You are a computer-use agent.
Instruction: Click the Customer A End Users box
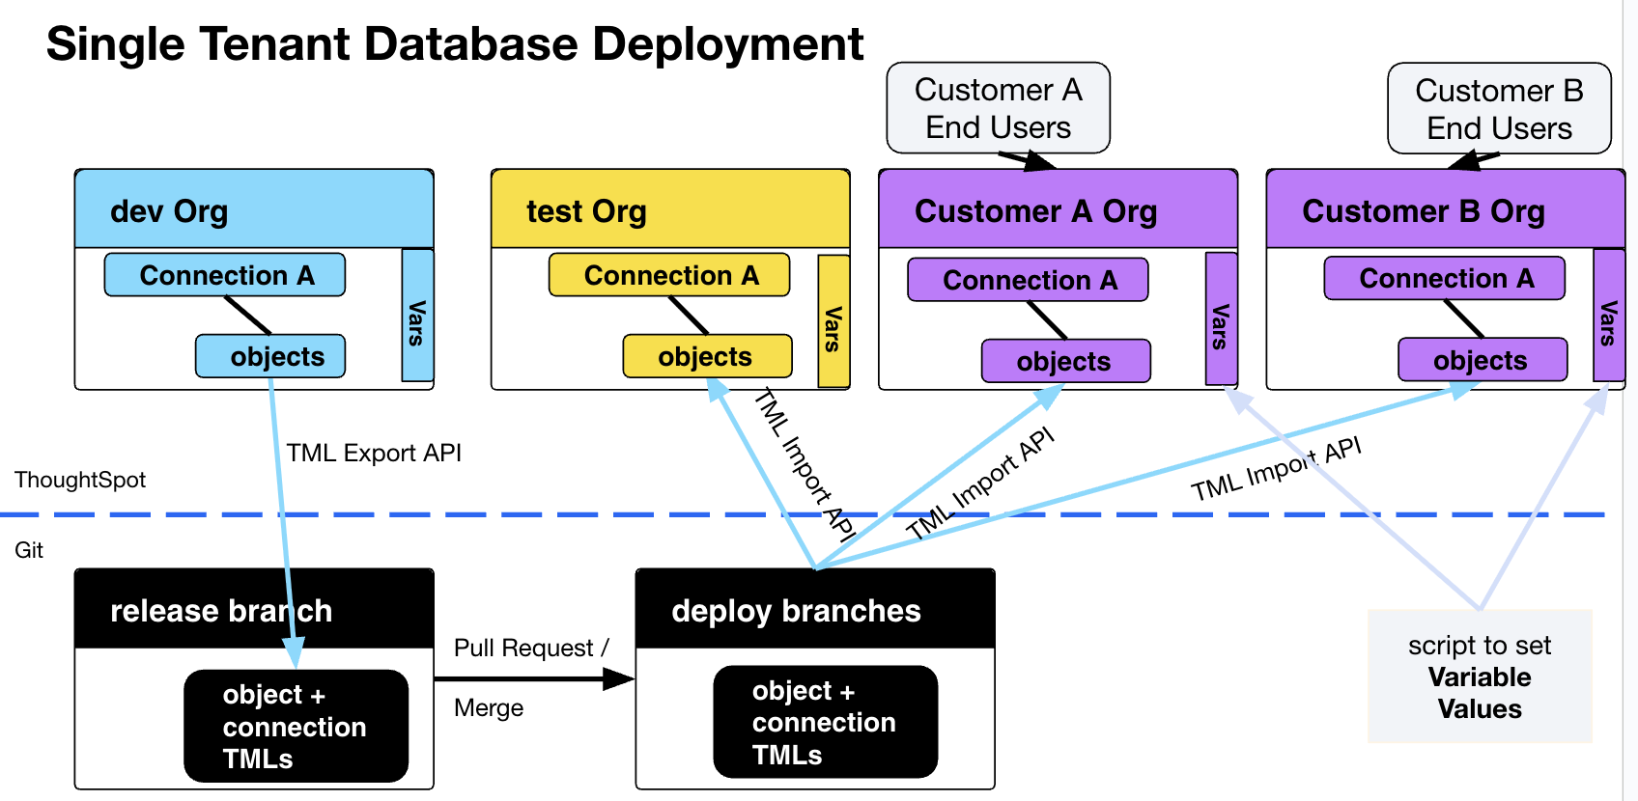998,108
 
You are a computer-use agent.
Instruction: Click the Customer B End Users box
1499,109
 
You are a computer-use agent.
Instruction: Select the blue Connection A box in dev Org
225,275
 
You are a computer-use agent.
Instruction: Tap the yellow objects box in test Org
706,356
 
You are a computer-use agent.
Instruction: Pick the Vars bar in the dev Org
417,316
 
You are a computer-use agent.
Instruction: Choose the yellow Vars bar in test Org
833,321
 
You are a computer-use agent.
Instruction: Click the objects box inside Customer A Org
1065,361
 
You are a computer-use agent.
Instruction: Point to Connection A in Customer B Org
1444,278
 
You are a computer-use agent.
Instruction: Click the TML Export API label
374,453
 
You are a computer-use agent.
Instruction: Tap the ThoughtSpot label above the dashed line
80,480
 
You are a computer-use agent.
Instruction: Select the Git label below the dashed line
29,550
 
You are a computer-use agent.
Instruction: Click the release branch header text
221,611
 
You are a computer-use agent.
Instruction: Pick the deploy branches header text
796,611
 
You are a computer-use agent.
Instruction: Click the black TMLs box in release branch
296,726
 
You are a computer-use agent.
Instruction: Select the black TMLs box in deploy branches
825,722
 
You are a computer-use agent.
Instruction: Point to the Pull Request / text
531,648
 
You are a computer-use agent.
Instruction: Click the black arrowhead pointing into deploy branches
619,679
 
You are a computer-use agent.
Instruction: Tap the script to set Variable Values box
1479,677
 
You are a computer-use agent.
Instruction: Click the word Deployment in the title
727,44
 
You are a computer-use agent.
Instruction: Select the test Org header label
586,210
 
